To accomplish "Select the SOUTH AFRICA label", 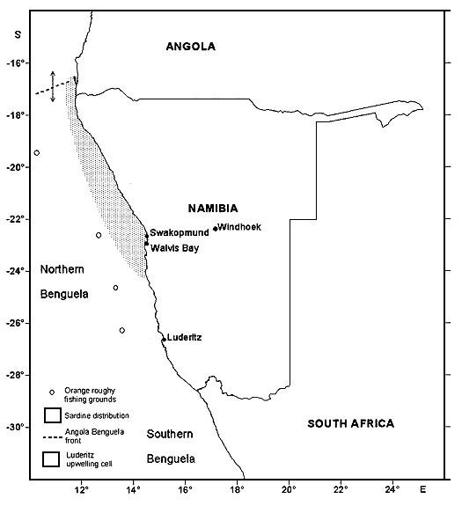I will (351, 424).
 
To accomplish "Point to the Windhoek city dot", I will (215, 229).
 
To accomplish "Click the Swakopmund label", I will (179, 232).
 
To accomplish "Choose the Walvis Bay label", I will (175, 248).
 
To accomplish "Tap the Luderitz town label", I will (184, 337).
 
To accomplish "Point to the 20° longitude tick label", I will (289, 487).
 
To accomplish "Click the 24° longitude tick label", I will (392, 487).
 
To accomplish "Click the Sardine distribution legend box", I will (52, 414).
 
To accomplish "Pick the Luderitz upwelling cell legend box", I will (52, 458).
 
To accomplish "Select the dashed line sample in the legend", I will (52, 436).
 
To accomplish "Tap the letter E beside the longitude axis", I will (423, 487).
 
